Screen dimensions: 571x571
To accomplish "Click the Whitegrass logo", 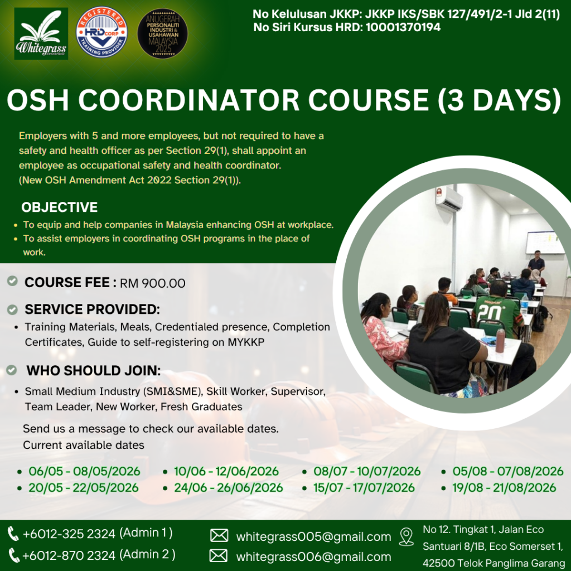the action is pos(41,33).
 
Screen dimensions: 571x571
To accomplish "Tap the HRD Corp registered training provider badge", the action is pos(102,32).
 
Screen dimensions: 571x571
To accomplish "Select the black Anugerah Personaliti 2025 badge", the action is pos(162,33).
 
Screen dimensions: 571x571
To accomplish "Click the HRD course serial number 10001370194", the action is pos(403,27).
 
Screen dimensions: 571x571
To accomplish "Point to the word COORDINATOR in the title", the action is pos(188,100).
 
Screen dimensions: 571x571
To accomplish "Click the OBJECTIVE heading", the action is pos(59,207).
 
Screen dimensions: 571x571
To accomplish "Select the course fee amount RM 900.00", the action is pos(153,283).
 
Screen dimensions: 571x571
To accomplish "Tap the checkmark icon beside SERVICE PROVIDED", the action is pos(12,309).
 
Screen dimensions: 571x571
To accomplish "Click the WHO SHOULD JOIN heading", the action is pos(94,371).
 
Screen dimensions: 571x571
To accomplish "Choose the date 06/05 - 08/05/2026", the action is pos(85,471).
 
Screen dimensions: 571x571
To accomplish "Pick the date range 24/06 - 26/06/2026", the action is pos(228,487).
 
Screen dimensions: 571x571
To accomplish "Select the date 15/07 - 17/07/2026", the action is pos(364,487).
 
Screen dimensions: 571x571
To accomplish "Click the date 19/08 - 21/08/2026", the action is pos(504,487).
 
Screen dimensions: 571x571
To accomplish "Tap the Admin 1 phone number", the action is pos(69,534).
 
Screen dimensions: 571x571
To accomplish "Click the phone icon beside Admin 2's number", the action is pos(14,555).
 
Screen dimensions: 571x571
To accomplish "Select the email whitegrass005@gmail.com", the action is pos(313,537).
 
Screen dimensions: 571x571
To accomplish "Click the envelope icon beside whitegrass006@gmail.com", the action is pos(219,556).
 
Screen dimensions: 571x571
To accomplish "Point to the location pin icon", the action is pos(407,537).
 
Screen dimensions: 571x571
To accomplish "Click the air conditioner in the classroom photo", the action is pos(449,199).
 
